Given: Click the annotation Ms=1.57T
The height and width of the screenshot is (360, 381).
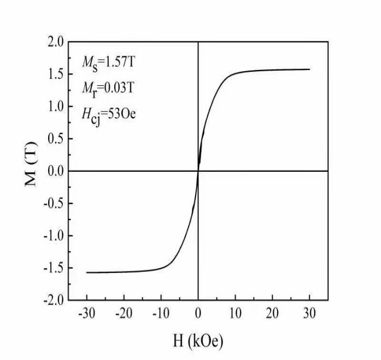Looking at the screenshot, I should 108,62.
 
